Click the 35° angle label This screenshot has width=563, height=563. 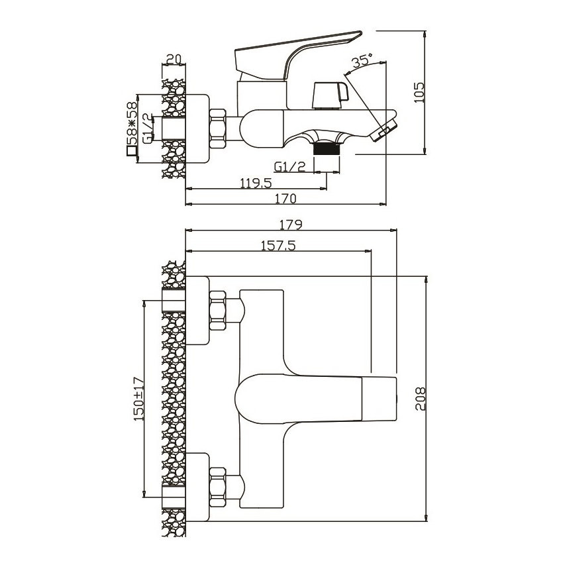coord(362,61)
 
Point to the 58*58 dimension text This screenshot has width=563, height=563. coord(132,123)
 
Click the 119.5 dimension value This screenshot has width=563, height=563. coord(254,182)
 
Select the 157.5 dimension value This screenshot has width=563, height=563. coord(278,244)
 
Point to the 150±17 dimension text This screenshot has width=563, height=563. coord(138,398)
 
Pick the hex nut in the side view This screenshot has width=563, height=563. coord(218,128)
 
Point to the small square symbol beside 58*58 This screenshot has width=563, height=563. coord(132,152)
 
